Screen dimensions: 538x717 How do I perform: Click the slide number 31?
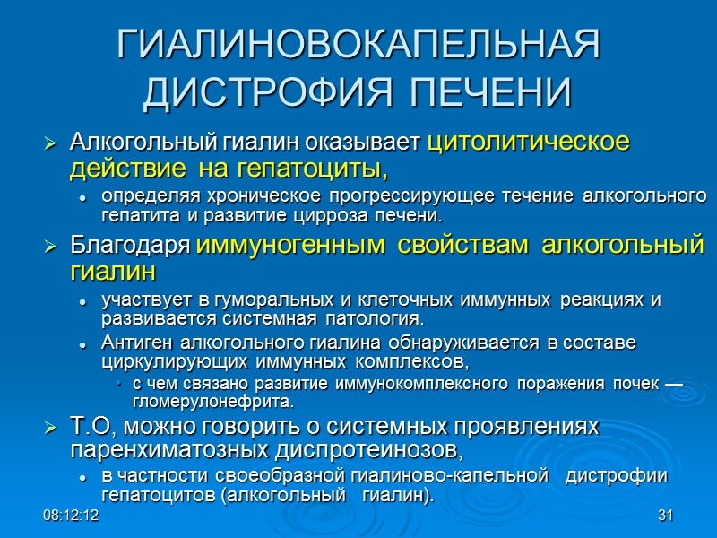click(664, 516)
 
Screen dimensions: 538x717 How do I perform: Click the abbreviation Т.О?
click(93, 427)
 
